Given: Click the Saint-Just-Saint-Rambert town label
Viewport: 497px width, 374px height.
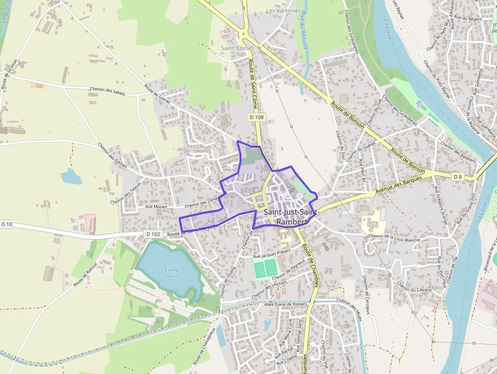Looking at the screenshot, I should click(x=286, y=217).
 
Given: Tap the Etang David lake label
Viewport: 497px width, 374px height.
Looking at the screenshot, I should click(x=172, y=273).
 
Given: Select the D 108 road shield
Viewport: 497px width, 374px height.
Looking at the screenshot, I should click(x=257, y=117).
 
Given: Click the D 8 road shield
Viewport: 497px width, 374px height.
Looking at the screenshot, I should click(x=457, y=176).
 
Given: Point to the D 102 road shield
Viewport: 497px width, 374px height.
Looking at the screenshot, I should click(x=153, y=234).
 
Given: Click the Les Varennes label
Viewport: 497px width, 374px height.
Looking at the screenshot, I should click(x=283, y=10).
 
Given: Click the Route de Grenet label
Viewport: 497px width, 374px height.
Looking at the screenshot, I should click(x=158, y=94).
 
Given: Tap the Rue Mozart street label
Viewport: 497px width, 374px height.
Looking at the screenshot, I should click(x=156, y=207).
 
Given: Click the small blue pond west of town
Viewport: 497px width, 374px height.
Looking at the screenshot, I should click(x=72, y=177).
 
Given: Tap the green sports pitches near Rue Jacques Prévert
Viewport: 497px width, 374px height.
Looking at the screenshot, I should click(x=266, y=268).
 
